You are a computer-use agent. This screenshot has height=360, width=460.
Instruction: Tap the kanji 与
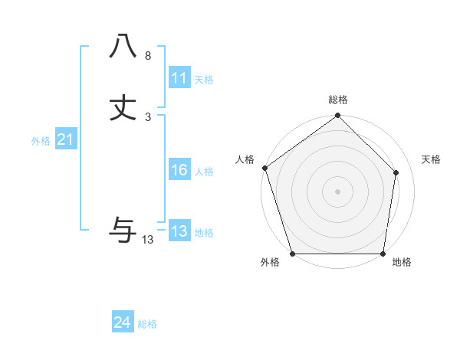123,228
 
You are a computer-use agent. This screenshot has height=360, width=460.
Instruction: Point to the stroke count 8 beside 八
148,56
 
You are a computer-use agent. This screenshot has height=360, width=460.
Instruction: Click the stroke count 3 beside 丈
148,117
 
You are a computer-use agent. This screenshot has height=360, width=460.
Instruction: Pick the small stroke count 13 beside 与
148,240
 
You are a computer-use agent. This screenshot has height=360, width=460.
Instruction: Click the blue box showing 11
179,78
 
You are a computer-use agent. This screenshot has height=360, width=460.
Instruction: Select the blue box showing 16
179,170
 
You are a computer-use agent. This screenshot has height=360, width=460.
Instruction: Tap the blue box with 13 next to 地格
179,231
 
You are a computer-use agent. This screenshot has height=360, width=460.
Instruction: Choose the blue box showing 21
66,139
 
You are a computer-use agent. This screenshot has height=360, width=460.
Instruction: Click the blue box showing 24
123,322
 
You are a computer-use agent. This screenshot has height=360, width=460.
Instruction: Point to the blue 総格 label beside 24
147,324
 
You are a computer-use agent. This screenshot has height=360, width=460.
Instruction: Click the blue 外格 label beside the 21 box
41,141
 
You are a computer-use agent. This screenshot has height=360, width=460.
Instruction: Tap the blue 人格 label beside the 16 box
204,172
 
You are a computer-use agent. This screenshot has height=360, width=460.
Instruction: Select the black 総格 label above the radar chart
338,100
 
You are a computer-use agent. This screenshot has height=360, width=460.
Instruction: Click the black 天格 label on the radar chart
431,159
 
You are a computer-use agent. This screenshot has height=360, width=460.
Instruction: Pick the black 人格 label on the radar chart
245,159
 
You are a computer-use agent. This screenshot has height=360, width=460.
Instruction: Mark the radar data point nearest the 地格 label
383,254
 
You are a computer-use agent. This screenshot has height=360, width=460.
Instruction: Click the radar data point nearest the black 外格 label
292,254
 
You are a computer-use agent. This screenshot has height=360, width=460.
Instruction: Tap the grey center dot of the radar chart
337,191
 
